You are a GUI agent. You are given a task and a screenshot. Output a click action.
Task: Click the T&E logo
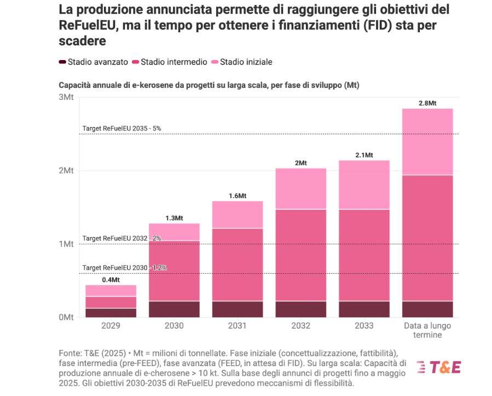(x=438, y=367)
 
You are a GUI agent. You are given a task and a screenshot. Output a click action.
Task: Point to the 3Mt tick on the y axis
(x=66, y=97)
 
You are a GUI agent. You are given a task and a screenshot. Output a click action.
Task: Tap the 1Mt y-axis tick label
(x=66, y=244)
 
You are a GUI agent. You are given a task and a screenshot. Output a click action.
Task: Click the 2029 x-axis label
(x=111, y=326)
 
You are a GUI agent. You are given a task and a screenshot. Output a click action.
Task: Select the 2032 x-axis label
(x=300, y=326)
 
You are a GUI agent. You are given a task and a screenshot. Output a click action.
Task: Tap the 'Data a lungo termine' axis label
(x=427, y=330)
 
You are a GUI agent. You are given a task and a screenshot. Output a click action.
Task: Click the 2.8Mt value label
(x=427, y=103)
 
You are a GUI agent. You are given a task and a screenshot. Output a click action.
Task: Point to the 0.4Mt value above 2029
(x=111, y=280)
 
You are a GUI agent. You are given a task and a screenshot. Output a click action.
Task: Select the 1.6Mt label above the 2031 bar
(x=238, y=196)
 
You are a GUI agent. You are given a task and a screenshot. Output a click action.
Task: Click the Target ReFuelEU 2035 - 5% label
(x=121, y=128)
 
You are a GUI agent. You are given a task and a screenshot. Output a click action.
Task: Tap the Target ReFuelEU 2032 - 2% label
(x=121, y=239)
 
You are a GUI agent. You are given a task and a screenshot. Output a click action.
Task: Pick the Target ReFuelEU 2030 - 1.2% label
(x=124, y=268)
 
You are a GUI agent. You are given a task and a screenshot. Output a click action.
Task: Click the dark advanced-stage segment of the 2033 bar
(x=364, y=309)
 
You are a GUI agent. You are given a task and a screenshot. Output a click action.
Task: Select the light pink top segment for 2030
(x=174, y=232)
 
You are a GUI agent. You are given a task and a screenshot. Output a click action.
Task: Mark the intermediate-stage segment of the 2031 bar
(x=238, y=264)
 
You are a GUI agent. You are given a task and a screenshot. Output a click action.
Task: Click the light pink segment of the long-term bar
(x=427, y=142)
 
